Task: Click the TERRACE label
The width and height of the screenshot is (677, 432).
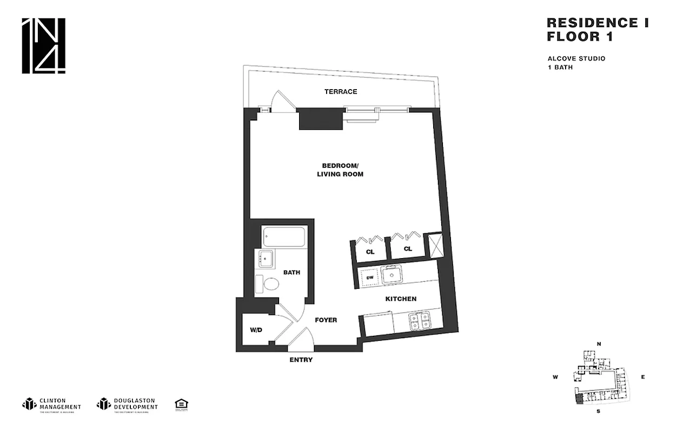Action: click(341, 92)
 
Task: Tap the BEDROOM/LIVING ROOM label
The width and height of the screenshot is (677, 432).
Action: click(342, 170)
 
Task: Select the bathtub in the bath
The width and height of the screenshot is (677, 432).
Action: click(284, 237)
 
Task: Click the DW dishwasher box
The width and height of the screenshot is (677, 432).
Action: click(370, 278)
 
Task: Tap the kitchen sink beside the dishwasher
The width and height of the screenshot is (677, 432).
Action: click(392, 276)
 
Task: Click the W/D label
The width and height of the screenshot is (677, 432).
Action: click(256, 330)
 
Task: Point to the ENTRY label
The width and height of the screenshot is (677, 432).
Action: click(301, 360)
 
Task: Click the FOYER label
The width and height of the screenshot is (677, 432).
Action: click(326, 320)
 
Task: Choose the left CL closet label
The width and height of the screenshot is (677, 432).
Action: click(370, 251)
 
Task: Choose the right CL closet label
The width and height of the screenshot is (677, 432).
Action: click(408, 249)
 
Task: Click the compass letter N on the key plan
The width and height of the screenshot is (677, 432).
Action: click(599, 343)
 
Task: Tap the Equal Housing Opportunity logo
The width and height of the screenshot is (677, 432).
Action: click(181, 404)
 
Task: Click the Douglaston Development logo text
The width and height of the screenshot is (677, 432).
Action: click(136, 404)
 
